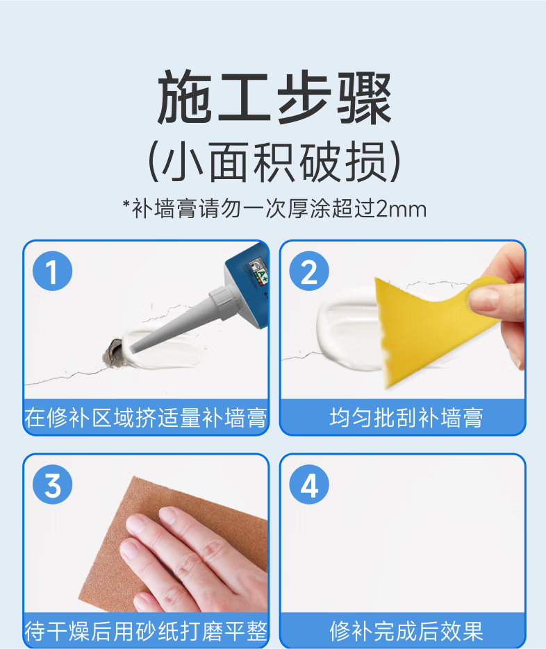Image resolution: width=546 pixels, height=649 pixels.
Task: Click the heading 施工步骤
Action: pyautogui.click(x=274, y=98)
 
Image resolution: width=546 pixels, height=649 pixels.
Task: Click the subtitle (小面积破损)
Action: pyautogui.click(x=274, y=162)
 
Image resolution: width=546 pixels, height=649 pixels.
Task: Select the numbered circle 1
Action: pyautogui.click(x=53, y=271)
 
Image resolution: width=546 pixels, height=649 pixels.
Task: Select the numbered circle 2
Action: pyautogui.click(x=309, y=271)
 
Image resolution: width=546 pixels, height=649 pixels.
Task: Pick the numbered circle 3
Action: pyautogui.click(x=53, y=484)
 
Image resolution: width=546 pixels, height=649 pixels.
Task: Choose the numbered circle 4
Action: pyautogui.click(x=309, y=484)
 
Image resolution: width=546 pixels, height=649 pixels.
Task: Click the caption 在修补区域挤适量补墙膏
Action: pyautogui.click(x=146, y=418)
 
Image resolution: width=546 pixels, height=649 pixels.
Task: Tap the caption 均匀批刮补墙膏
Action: pyautogui.click(x=406, y=418)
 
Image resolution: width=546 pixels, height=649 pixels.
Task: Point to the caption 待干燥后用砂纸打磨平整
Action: pyautogui.click(x=146, y=631)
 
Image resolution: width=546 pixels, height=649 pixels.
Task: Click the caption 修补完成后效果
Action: pyautogui.click(x=406, y=631)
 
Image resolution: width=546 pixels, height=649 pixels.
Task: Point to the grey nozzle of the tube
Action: pyautogui.click(x=182, y=319)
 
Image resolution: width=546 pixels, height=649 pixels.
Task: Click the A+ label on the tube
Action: pyautogui.click(x=262, y=273)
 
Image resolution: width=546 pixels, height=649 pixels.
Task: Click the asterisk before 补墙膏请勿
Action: pyautogui.click(x=126, y=204)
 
